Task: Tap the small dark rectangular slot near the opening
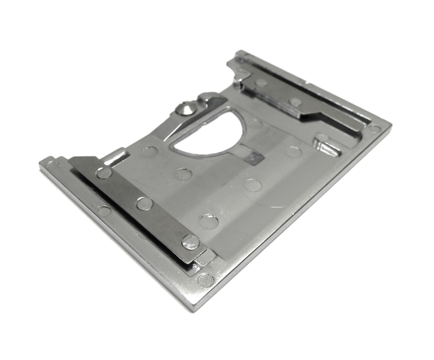[254, 157]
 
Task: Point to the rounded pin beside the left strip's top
[115, 157]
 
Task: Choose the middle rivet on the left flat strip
[144, 204]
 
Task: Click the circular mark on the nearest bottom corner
[206, 280]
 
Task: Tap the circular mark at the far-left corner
[50, 162]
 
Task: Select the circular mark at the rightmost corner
[375, 129]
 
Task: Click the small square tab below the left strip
[204, 257]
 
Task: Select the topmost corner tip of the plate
[239, 52]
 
